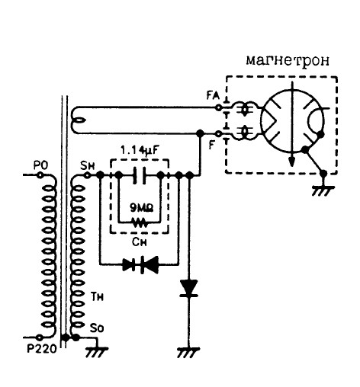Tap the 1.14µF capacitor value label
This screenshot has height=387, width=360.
coord(140,151)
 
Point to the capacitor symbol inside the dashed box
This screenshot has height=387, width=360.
coord(140,174)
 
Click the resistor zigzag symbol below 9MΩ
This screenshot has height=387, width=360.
coord(139,224)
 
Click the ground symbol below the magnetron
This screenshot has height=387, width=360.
coord(323,189)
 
